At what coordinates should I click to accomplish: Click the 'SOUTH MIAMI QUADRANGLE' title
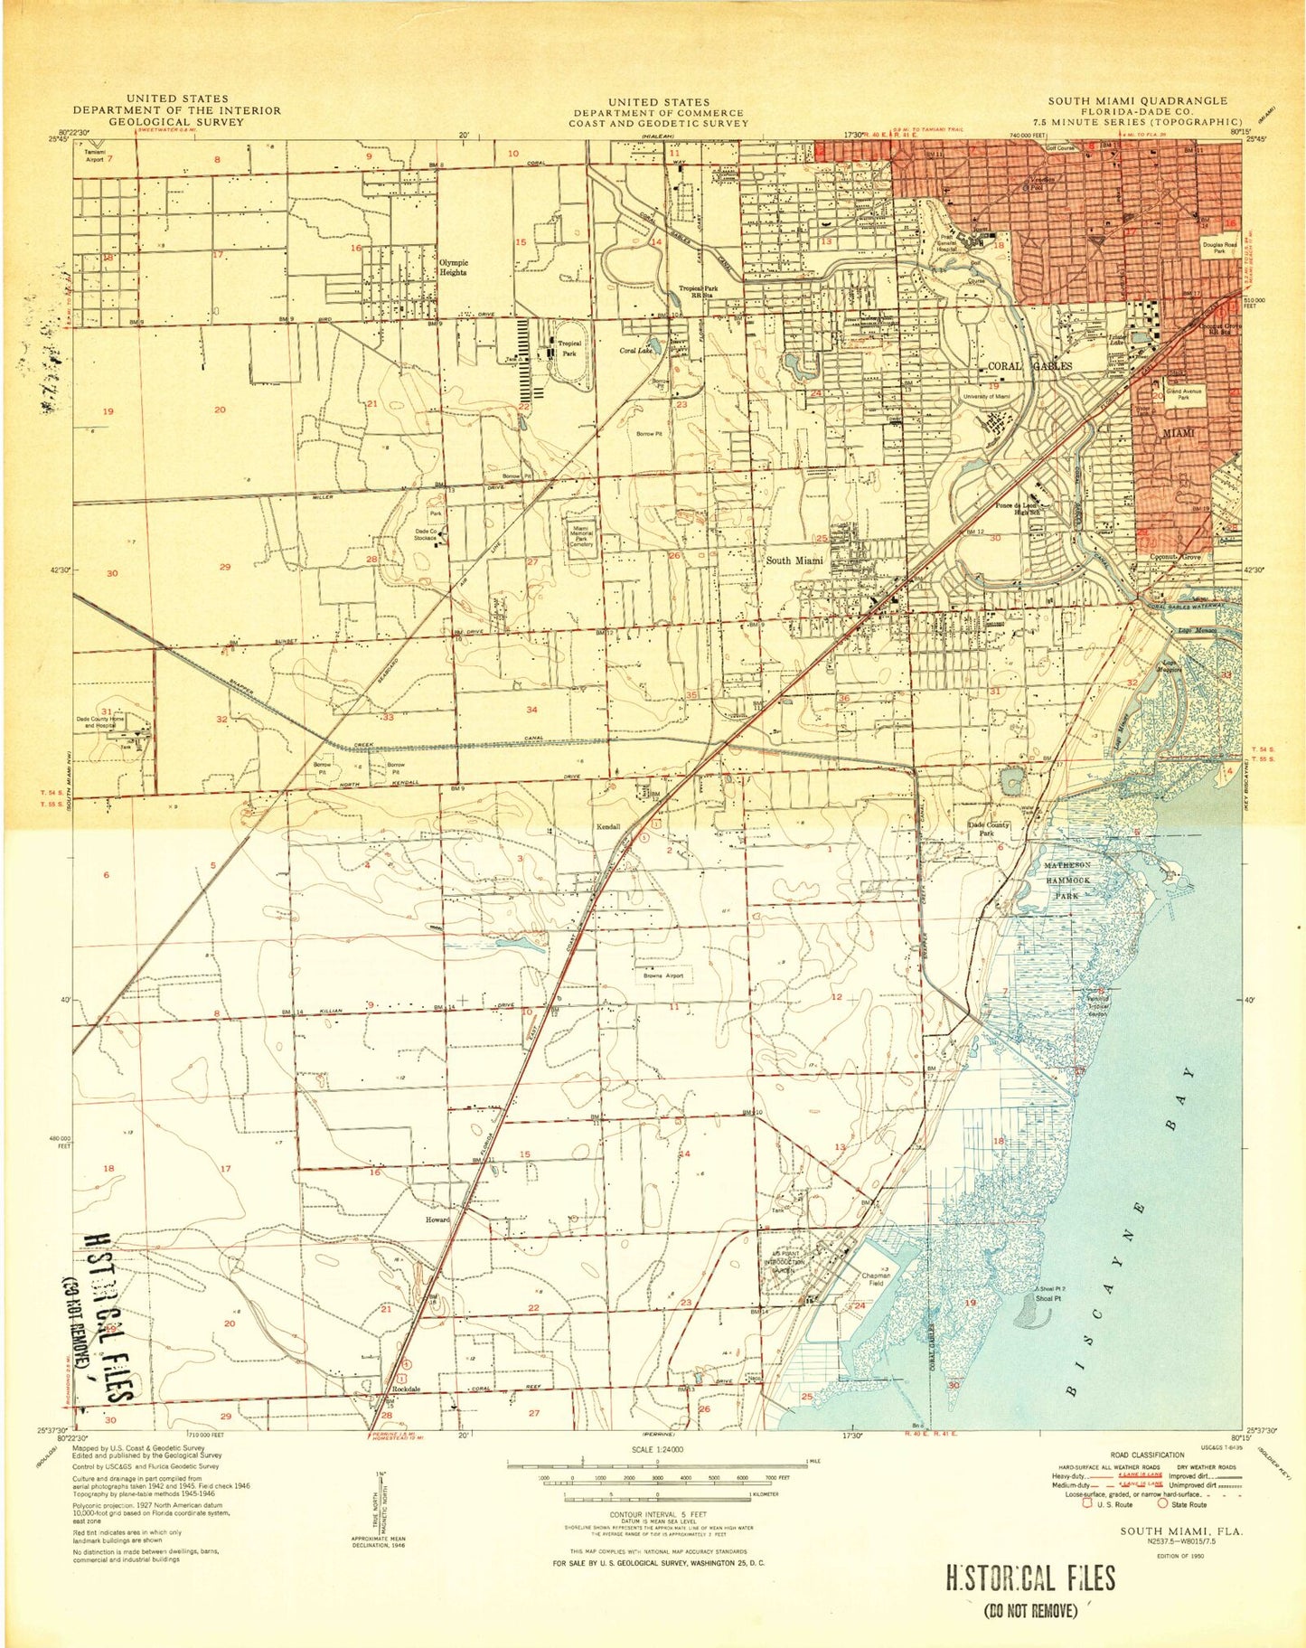pyautogui.click(x=1137, y=100)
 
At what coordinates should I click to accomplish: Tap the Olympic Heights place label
pyautogui.click(x=453, y=267)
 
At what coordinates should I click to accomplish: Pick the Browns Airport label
pyautogui.click(x=663, y=976)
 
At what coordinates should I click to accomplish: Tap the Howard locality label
pyautogui.click(x=437, y=1219)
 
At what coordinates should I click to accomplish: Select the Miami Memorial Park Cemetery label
pyautogui.click(x=582, y=537)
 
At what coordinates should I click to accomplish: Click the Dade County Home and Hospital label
pyautogui.click(x=105, y=722)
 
